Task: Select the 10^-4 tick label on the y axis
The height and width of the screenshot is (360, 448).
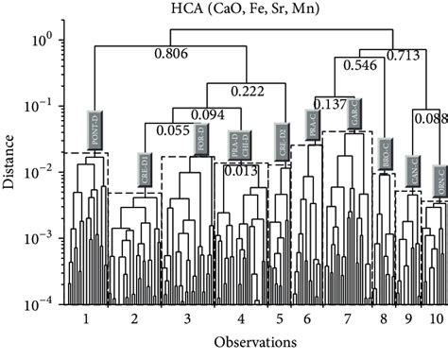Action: (x=45, y=304)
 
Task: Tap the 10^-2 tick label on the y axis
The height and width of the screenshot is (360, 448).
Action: (x=45, y=172)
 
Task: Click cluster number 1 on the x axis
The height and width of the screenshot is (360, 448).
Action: (x=86, y=319)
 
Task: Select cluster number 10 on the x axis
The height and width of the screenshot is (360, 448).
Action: (x=434, y=319)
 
